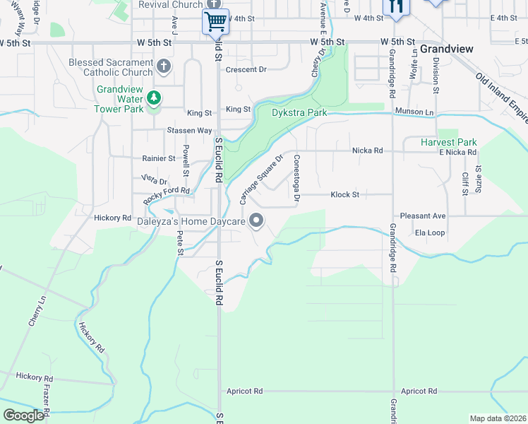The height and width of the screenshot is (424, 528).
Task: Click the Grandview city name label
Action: coord(446,49)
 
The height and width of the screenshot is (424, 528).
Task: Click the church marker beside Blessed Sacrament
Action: coord(164,67)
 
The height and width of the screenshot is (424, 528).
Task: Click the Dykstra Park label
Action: coord(300,112)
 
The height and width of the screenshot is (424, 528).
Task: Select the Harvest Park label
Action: coord(448,142)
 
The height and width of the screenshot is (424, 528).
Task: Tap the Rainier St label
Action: coord(159,159)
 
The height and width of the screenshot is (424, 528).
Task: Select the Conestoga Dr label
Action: coord(296,177)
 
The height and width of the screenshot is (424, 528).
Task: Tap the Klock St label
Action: coord(345,194)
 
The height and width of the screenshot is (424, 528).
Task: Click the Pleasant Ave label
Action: coord(423,216)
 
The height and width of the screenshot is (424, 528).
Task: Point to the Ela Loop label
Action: coord(429,232)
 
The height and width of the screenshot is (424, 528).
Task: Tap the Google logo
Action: coord(23,416)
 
